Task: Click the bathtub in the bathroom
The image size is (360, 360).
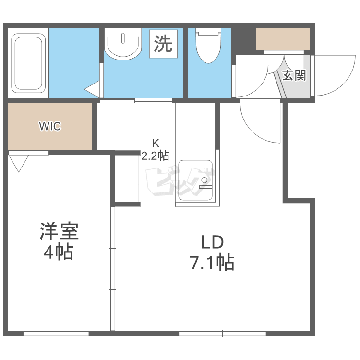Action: coord(28,63)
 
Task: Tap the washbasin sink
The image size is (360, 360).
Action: coord(123,44)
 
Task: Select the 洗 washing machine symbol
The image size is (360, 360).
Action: coord(163,44)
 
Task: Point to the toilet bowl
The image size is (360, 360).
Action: coord(208,45)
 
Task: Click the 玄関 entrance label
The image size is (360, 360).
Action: coord(294,75)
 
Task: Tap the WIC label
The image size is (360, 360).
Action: coord(50,126)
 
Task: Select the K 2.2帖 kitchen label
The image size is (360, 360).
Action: coord(155,150)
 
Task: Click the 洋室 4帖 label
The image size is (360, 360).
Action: coord(59,241)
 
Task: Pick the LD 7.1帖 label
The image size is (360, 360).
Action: coord(212,252)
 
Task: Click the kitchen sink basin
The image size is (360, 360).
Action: coord(195,180)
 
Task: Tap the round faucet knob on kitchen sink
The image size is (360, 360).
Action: coord(204,180)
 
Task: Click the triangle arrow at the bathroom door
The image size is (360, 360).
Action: coord(92,89)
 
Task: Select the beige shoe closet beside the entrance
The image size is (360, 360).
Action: coord(283,39)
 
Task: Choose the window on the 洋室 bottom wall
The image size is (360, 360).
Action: coord(56,334)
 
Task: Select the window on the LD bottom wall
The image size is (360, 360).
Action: coord(222,334)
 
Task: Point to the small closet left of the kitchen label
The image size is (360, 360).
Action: coord(127,179)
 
